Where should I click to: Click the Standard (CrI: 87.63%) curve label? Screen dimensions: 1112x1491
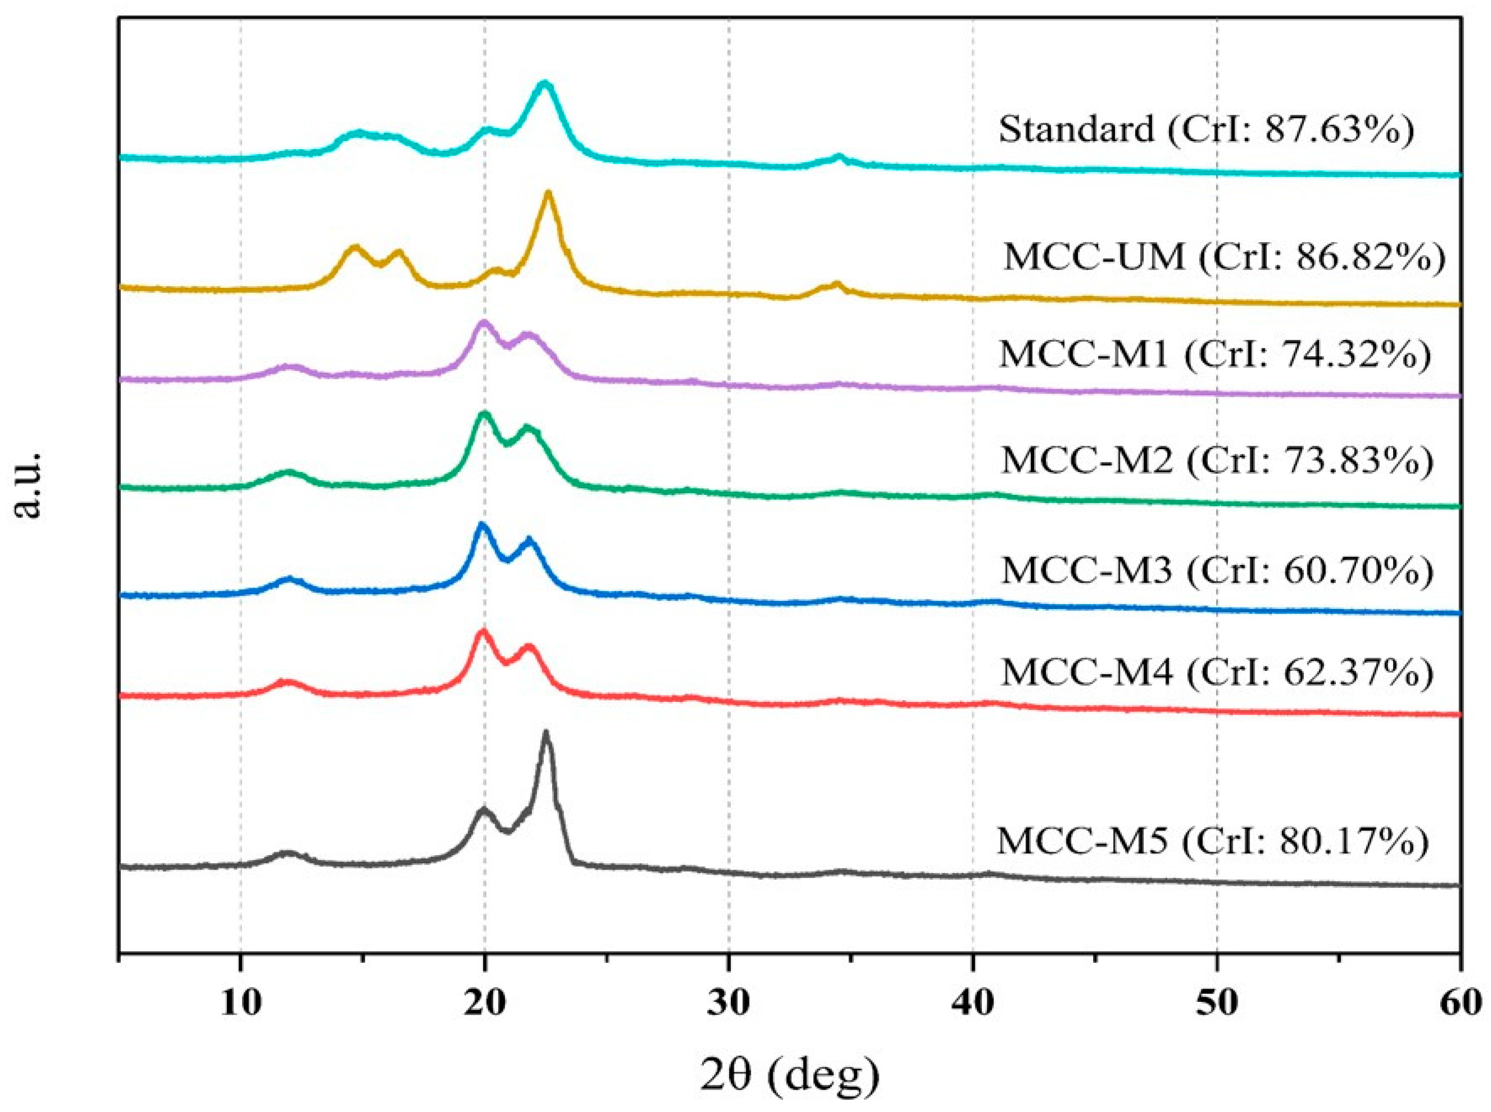(x=1206, y=129)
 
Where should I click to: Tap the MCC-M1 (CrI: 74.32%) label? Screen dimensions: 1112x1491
(x=1215, y=355)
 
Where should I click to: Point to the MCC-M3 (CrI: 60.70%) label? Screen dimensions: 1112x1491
(x=1217, y=571)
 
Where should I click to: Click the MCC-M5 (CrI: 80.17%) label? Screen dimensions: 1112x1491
(x=1212, y=841)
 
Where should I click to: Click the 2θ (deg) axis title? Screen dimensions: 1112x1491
(x=789, y=1075)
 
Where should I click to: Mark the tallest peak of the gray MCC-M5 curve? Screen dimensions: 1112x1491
(x=545, y=732)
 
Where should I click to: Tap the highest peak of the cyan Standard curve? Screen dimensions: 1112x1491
(x=545, y=84)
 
